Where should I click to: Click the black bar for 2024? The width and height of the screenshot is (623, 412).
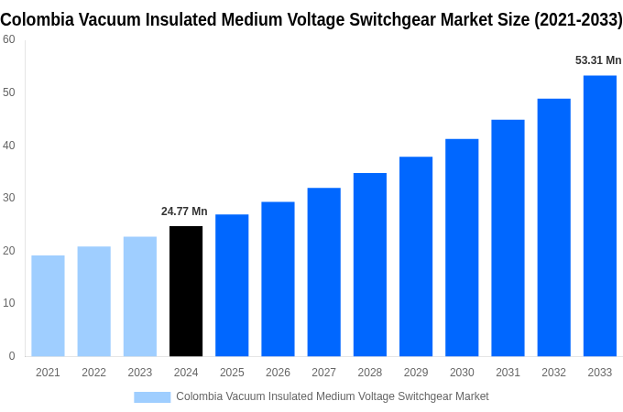tap(186, 291)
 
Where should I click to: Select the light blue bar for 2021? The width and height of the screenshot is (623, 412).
tap(48, 306)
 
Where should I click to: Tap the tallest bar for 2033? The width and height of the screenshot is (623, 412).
tap(599, 215)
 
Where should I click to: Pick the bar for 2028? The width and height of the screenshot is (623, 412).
tap(369, 265)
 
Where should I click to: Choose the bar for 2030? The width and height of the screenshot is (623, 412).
tap(462, 247)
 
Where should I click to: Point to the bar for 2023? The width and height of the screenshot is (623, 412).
tap(140, 297)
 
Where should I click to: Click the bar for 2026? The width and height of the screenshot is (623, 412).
tap(278, 279)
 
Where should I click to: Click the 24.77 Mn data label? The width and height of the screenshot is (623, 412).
tap(184, 211)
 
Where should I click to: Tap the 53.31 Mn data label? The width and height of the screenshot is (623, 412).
tap(597, 60)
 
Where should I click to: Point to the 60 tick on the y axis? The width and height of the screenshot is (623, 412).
tap(8, 39)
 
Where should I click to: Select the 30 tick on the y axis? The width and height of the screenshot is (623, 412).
tap(8, 198)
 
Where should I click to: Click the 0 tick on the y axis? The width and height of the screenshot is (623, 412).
tap(12, 356)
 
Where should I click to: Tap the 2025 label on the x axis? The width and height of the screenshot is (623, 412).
tap(232, 373)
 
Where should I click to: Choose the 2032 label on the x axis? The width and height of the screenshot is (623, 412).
tap(553, 373)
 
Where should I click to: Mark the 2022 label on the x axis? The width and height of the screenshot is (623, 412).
tap(93, 373)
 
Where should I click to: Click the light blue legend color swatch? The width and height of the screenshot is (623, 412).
tap(152, 396)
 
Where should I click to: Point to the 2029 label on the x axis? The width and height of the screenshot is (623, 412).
tap(415, 373)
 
